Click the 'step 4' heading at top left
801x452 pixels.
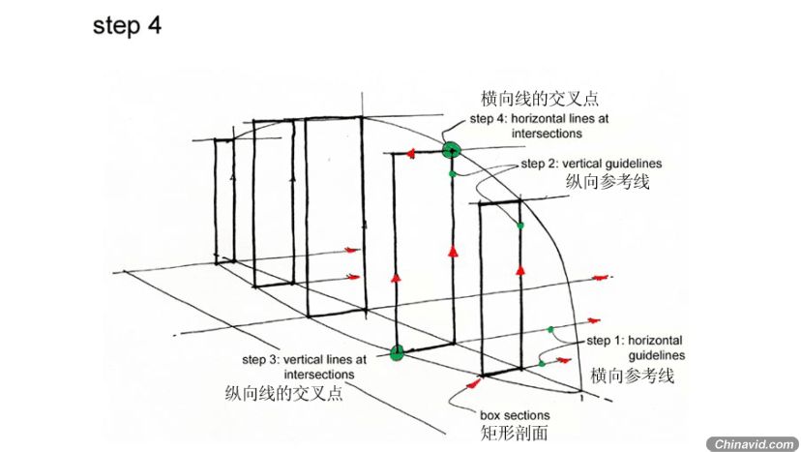pyautogui.click(x=127, y=25)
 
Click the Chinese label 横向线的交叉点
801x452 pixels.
pyautogui.click(x=540, y=98)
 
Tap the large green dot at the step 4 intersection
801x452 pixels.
pyautogui.click(x=451, y=150)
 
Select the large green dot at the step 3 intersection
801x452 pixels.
pyautogui.click(x=397, y=352)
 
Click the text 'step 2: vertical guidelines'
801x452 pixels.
pyautogui.click(x=591, y=164)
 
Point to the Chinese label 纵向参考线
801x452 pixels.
pyautogui.click(x=608, y=182)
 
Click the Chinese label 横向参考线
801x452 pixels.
pyautogui.click(x=633, y=376)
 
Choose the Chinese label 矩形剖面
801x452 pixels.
pyautogui.click(x=514, y=433)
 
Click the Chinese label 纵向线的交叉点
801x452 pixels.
pyautogui.click(x=284, y=393)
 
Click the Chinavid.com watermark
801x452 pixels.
pyautogui.click(x=753, y=444)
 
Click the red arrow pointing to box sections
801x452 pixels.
pyautogui.click(x=474, y=383)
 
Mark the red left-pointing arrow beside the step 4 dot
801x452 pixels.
pyautogui.click(x=410, y=153)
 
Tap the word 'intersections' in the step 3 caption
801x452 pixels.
pyautogui.click(x=319, y=375)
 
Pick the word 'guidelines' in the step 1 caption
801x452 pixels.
pyautogui.click(x=657, y=355)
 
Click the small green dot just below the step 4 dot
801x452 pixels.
pyautogui.click(x=452, y=174)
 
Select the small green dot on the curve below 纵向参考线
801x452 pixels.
pyautogui.click(x=520, y=226)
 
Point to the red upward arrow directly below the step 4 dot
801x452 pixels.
pyautogui.click(x=452, y=251)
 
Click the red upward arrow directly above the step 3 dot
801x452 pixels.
pyautogui.click(x=396, y=278)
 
